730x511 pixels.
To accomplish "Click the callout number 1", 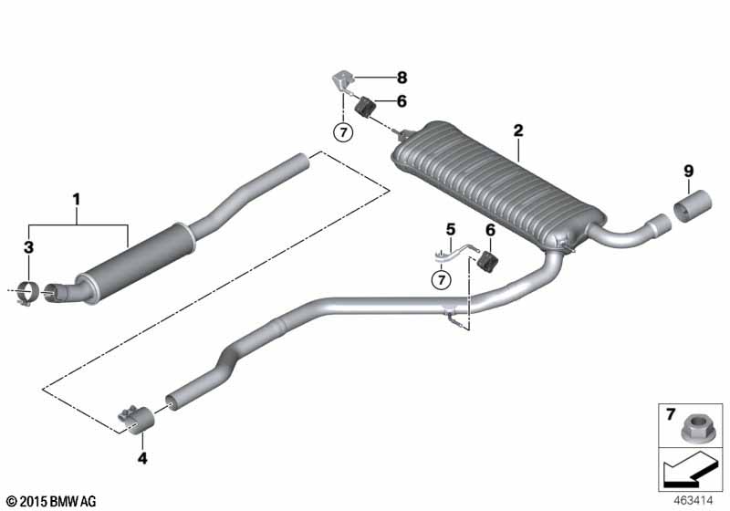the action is (78, 197).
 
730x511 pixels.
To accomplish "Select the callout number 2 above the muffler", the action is (518, 131).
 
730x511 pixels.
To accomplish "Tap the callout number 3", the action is (28, 247).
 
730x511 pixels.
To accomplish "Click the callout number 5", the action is (449, 228).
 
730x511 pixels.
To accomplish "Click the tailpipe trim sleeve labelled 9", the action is (693, 206).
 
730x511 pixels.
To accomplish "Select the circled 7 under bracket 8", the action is (343, 133).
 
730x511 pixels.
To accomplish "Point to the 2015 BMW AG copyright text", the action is (51, 501).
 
